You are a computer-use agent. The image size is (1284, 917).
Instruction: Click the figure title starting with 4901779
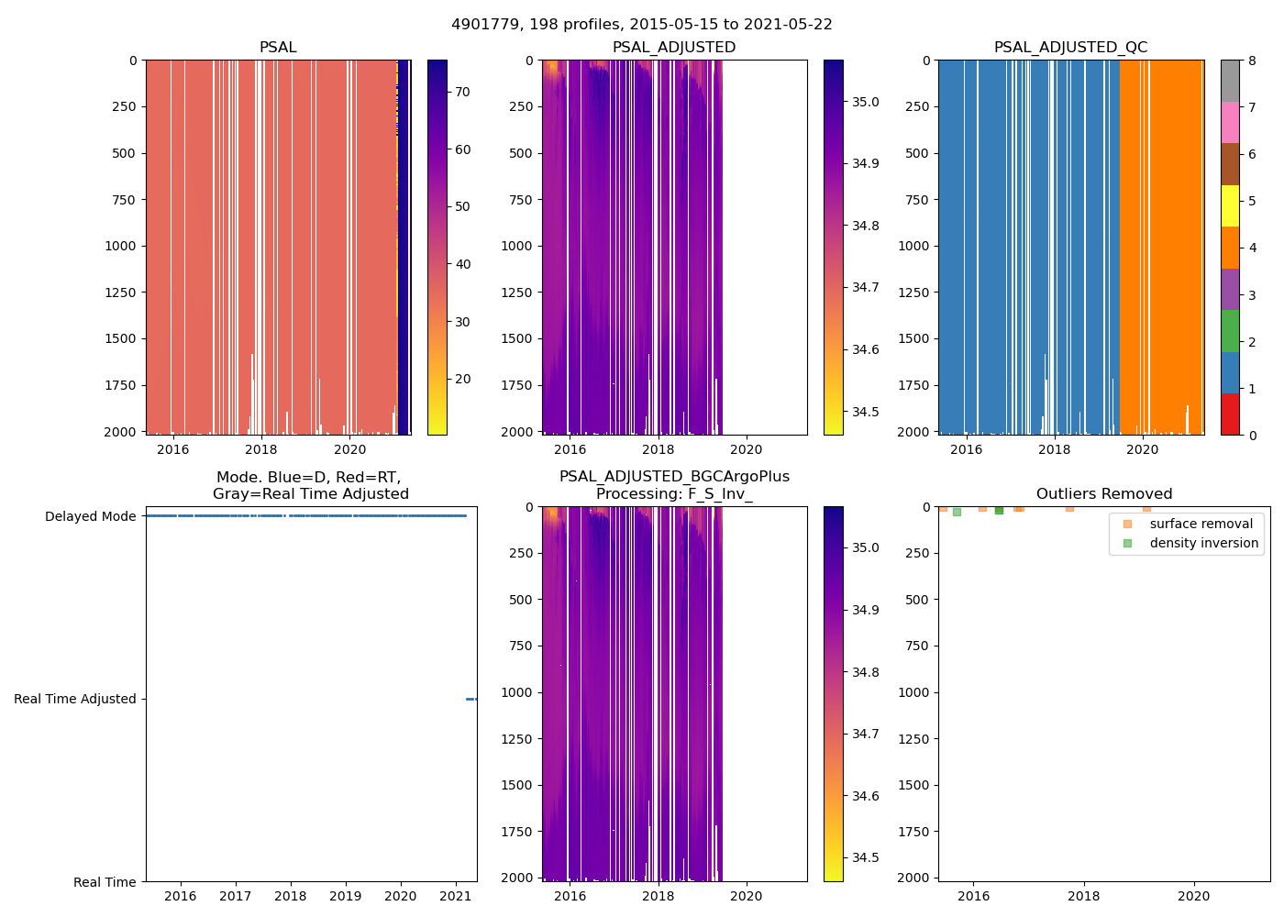pyautogui.click(x=642, y=25)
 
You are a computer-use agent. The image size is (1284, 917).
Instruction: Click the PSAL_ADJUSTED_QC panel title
pyautogui.click(x=1070, y=48)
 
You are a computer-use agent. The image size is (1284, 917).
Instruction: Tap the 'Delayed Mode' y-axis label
pyautogui.click(x=91, y=516)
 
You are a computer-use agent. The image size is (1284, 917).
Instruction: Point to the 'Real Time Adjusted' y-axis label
pyautogui.click(x=75, y=699)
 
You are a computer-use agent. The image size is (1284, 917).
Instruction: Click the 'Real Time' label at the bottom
pyautogui.click(x=105, y=882)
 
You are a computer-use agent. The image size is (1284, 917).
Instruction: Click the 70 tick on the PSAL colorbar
pyautogui.click(x=462, y=92)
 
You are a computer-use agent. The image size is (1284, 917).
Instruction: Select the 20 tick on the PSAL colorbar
pyautogui.click(x=462, y=379)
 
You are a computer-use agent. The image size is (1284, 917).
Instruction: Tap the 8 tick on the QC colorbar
pyautogui.click(x=1252, y=61)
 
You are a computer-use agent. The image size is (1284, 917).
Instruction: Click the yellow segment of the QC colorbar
pyautogui.click(x=1230, y=206)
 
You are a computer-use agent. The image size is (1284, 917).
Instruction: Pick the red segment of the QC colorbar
pyautogui.click(x=1230, y=414)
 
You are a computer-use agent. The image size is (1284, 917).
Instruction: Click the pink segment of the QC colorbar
pyautogui.click(x=1230, y=123)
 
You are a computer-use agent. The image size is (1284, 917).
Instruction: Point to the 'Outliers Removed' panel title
pyautogui.click(x=1103, y=494)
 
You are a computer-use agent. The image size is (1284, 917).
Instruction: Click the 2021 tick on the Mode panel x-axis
pyautogui.click(x=456, y=896)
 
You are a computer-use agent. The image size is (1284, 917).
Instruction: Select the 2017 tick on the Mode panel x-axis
pyautogui.click(x=236, y=896)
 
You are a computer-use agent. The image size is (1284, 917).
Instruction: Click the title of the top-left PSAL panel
pyautogui.click(x=278, y=48)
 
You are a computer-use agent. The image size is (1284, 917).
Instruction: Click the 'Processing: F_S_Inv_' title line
pyautogui.click(x=674, y=494)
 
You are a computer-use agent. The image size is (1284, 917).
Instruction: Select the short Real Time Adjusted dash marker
pyautogui.click(x=471, y=699)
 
